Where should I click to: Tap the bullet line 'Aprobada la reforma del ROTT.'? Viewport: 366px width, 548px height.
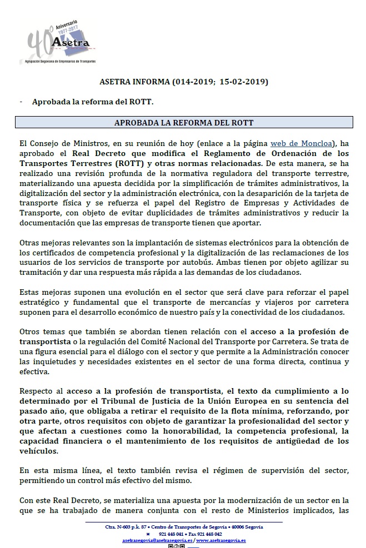(92, 102)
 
